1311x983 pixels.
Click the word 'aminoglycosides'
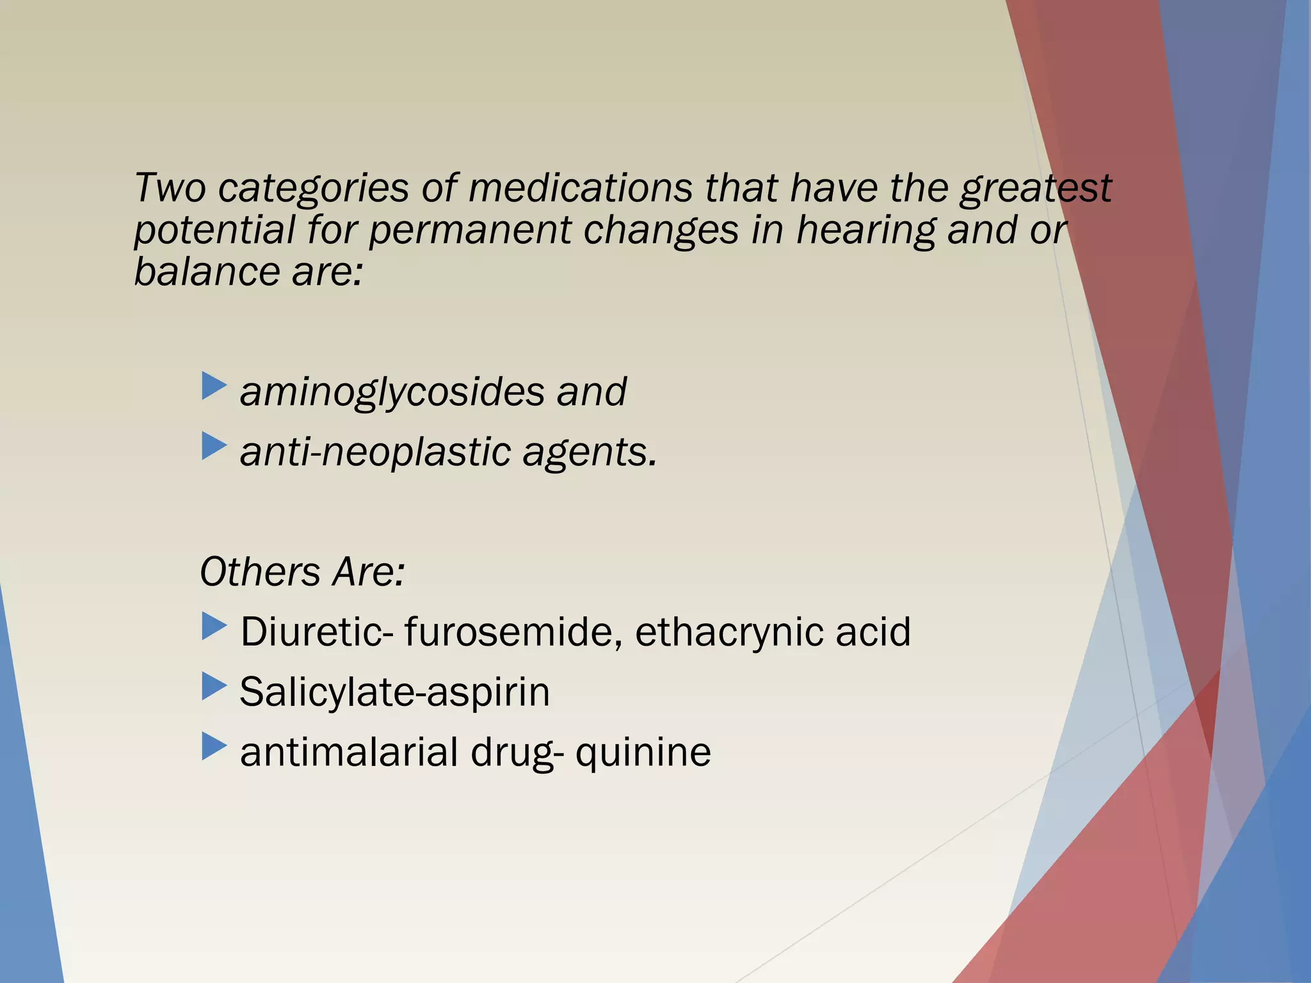pyautogui.click(x=391, y=392)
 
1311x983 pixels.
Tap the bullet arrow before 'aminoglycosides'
pyautogui.click(x=214, y=387)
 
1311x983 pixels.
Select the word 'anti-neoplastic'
pyautogui.click(x=375, y=452)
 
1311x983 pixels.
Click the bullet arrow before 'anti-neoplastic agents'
pyautogui.click(x=214, y=447)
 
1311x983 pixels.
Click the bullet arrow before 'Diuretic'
pyautogui.click(x=214, y=627)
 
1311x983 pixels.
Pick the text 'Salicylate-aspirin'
pyautogui.click(x=394, y=692)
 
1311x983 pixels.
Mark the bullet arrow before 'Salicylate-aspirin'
pyautogui.click(x=214, y=687)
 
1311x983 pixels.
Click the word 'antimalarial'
pyautogui.click(x=349, y=752)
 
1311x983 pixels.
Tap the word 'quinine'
pyautogui.click(x=643, y=752)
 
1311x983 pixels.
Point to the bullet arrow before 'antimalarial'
pyautogui.click(x=214, y=746)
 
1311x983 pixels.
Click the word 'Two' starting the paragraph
pyautogui.click(x=170, y=188)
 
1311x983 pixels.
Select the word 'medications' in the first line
pyautogui.click(x=580, y=188)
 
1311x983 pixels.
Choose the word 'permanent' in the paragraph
pyautogui.click(x=470, y=230)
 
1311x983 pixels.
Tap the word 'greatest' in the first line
pyautogui.click(x=1035, y=189)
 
